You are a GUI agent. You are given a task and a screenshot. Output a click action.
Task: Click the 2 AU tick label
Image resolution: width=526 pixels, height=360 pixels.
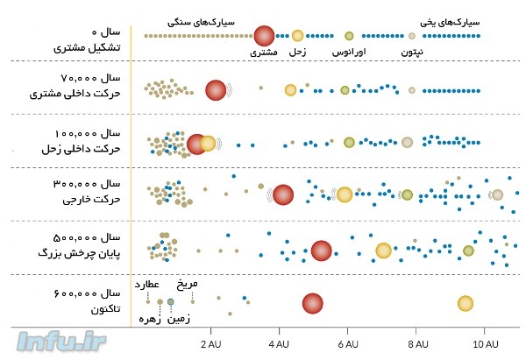(x=211, y=343)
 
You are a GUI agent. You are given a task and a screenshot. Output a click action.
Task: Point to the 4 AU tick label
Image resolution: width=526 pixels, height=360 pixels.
(x=281, y=343)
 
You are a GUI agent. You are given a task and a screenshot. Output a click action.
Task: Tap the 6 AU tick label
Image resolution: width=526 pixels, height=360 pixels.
(x=349, y=343)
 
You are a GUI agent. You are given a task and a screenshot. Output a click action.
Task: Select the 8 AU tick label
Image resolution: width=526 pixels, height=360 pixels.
(x=417, y=343)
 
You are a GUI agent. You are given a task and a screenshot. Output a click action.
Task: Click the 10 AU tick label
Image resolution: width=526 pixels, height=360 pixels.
(x=486, y=343)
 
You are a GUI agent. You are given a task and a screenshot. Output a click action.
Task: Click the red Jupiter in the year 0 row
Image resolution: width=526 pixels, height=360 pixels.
(x=265, y=36)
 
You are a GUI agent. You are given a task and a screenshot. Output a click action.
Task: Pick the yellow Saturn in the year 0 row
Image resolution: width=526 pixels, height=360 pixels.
(x=297, y=36)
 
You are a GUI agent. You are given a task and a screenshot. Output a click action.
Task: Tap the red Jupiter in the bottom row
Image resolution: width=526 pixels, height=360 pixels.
(x=312, y=304)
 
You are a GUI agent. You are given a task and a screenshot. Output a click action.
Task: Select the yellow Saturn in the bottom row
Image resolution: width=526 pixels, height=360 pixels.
(x=466, y=304)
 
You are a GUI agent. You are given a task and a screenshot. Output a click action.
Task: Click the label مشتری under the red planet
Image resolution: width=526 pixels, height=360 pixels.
(x=263, y=53)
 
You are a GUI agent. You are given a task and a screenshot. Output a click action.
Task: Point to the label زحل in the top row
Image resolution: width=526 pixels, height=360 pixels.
(x=297, y=53)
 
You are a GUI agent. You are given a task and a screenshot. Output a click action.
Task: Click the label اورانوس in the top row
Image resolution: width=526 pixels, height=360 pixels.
(x=349, y=53)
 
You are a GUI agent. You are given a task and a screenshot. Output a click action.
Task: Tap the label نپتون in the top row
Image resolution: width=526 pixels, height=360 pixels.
(x=412, y=53)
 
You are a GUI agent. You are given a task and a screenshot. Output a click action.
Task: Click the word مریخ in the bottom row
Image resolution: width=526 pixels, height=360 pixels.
(x=188, y=285)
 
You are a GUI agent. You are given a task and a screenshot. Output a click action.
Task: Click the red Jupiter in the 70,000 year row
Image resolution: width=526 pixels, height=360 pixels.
(x=216, y=89)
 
